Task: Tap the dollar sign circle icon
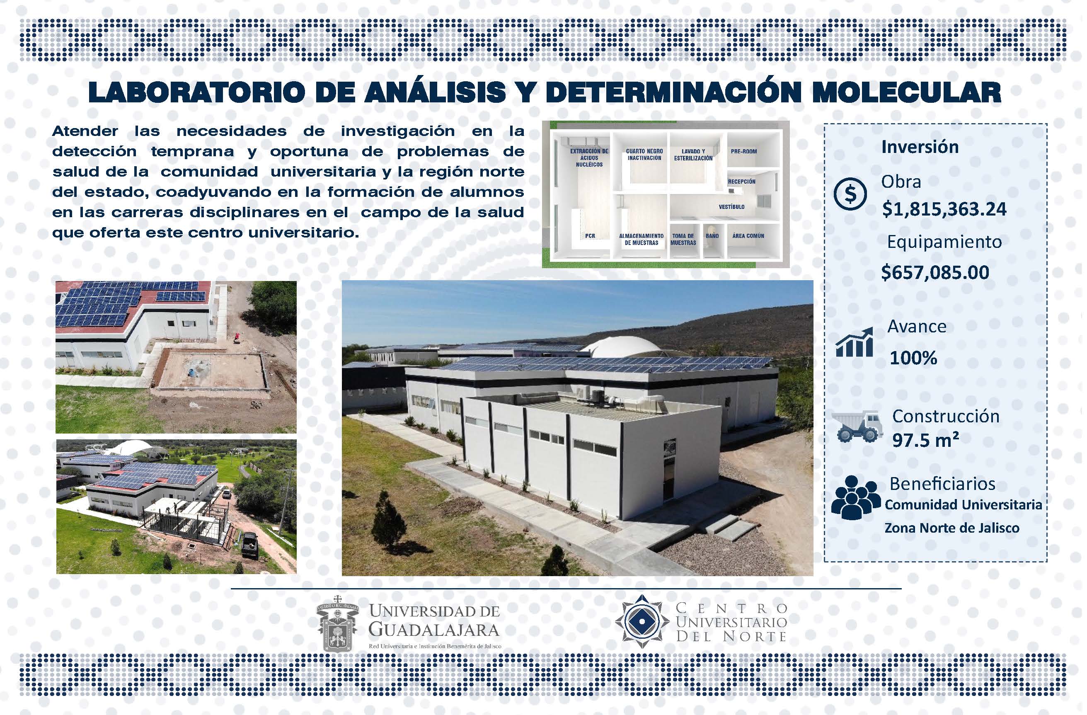(850, 194)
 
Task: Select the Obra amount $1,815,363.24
(944, 209)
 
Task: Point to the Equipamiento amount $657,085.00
(935, 272)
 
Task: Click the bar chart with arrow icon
(854, 342)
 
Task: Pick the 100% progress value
(913, 358)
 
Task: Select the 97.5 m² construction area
(925, 439)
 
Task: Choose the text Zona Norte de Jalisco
(952, 528)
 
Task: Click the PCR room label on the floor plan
(590, 236)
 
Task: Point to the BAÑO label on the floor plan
(712, 236)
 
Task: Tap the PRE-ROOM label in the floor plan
(743, 151)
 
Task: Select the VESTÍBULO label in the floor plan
(732, 206)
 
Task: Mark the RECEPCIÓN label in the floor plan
(742, 182)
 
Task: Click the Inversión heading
(920, 147)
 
